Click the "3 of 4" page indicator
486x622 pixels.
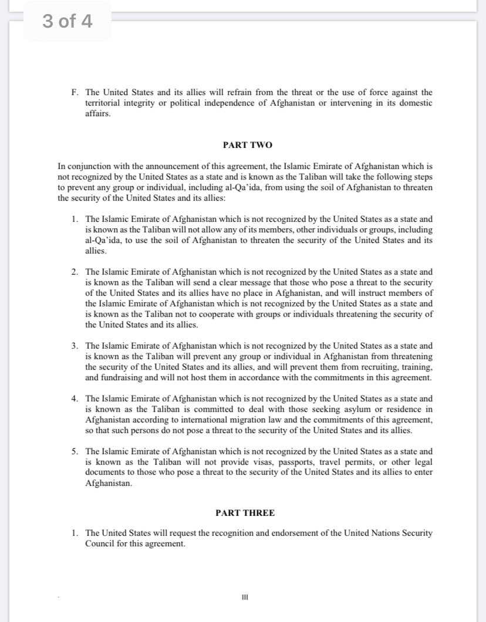[67, 22]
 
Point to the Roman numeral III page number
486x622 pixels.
[245, 597]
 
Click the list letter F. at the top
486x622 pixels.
[74, 92]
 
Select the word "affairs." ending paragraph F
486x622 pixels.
[98, 113]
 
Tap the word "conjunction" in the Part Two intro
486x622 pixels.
[88, 166]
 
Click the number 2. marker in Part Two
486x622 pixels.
[75, 272]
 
